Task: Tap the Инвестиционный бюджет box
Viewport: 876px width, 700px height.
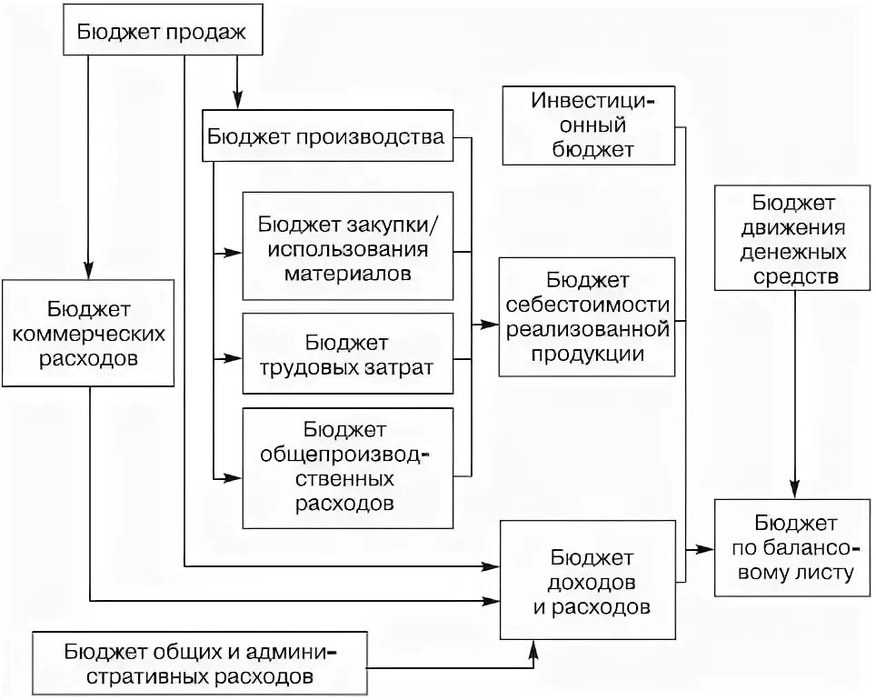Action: point(589,125)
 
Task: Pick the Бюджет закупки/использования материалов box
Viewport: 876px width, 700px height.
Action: point(348,247)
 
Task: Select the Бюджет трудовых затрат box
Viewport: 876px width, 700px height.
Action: point(348,355)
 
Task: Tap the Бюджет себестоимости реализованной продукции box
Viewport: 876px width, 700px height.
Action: point(586,316)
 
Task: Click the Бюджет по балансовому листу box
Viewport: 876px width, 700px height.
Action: point(793,548)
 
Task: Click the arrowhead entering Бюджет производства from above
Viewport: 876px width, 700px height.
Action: point(237,101)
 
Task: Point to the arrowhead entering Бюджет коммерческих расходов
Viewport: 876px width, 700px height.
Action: point(88,273)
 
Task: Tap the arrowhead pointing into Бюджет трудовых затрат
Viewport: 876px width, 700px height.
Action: point(236,359)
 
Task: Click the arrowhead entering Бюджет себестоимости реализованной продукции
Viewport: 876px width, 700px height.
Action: point(492,323)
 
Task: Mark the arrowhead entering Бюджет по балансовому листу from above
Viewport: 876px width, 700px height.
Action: point(795,492)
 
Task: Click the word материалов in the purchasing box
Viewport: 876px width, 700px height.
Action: point(348,272)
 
